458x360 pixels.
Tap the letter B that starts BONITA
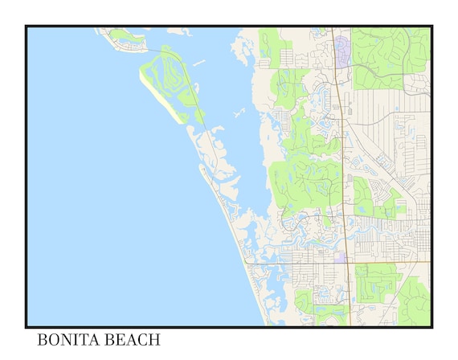43,340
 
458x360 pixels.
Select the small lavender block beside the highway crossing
341,258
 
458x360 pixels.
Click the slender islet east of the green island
198,63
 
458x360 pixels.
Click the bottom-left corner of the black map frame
27,326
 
